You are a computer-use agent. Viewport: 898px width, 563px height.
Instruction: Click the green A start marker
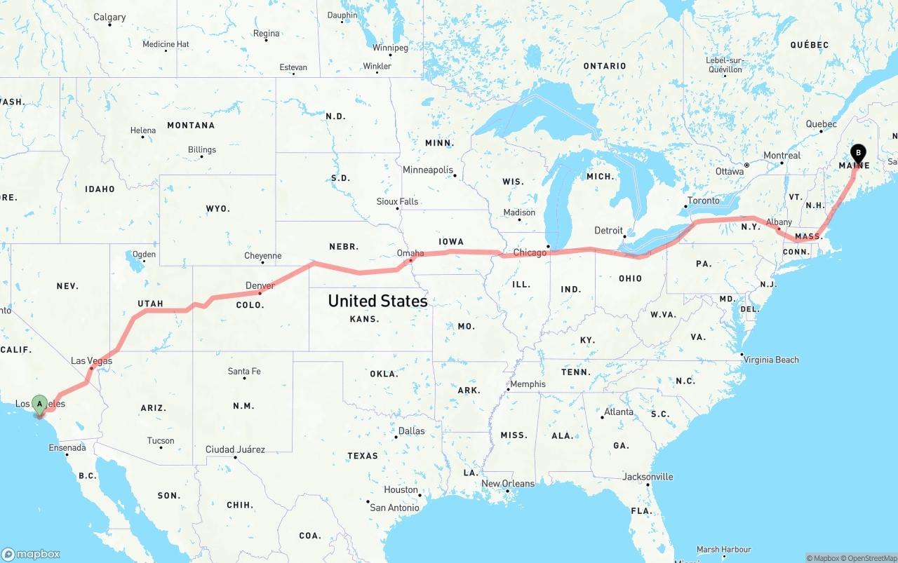(40, 404)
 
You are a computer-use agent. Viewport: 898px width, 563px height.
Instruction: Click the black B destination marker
(858, 154)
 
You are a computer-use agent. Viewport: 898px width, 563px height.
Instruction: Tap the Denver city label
(260, 285)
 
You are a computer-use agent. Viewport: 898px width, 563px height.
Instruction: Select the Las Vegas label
(91, 361)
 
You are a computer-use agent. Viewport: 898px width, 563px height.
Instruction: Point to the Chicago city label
(530, 252)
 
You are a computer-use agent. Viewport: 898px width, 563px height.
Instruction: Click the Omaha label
(410, 253)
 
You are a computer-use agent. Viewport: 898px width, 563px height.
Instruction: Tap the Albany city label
(779, 222)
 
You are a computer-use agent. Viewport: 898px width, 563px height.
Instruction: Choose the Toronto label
(703, 201)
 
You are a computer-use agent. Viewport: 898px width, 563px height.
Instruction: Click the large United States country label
(377, 301)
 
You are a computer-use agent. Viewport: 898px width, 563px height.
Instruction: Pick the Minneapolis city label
(427, 170)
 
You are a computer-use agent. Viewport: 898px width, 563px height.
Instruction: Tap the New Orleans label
(508, 484)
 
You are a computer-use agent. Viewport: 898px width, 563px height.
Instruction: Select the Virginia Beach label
(771, 360)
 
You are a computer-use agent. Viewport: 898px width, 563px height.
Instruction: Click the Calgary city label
(109, 17)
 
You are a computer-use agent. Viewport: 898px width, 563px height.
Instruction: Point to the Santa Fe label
(244, 371)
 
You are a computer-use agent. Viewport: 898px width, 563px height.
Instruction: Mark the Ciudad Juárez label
(235, 449)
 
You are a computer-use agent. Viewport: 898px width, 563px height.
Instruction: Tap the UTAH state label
(150, 304)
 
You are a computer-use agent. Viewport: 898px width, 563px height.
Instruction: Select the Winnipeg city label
(390, 48)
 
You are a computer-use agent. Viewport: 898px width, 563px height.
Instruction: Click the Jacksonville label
(648, 477)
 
